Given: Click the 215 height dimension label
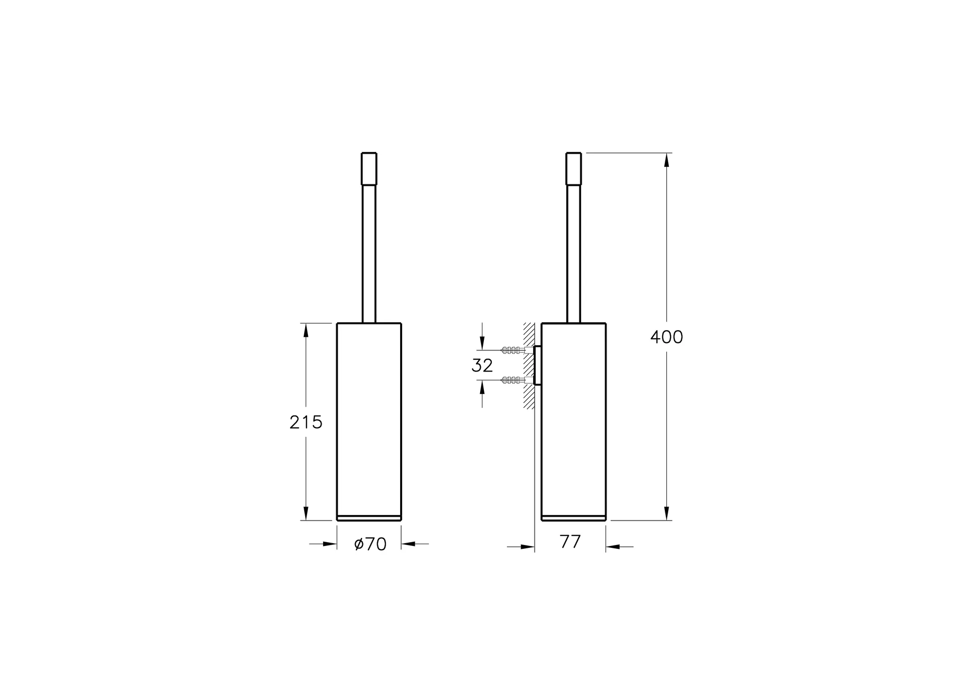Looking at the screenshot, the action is (x=306, y=422).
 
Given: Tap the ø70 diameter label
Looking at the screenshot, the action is (x=370, y=544).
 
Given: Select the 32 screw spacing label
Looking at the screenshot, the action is (x=482, y=365).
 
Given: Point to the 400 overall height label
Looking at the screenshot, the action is (x=666, y=337).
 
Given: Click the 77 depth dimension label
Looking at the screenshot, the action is (x=570, y=542).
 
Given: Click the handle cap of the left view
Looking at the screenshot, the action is (x=369, y=168).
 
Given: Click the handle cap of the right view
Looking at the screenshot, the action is (x=574, y=168).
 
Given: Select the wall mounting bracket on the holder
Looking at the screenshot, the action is (x=537, y=365).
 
